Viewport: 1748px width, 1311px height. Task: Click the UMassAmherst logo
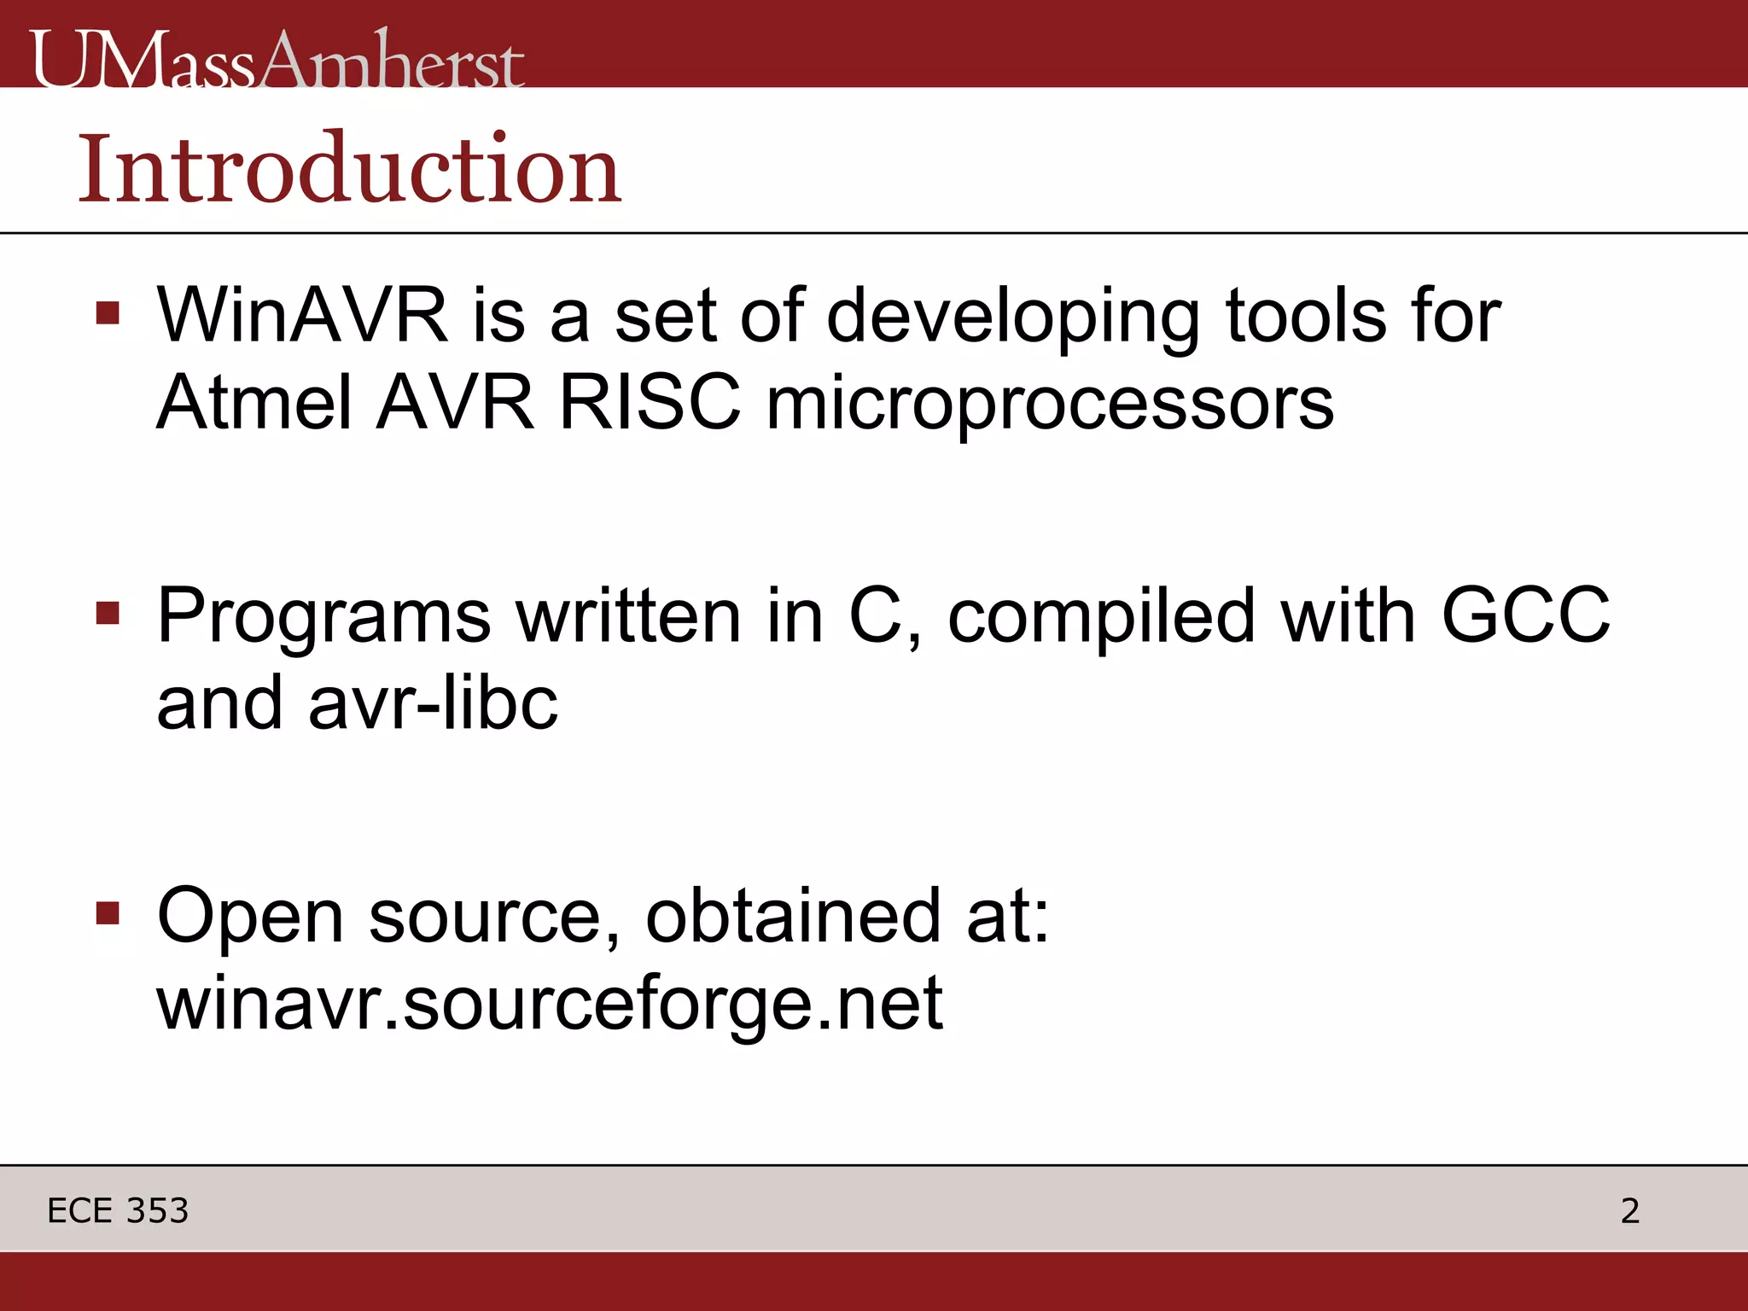277,60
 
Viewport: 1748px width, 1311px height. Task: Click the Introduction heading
350,169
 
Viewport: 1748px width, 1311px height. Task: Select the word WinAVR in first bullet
302,316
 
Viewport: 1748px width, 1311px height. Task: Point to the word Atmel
254,403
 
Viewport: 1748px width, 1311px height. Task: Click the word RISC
650,403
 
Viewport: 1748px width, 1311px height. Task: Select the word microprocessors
1050,405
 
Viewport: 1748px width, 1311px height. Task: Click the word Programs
323,616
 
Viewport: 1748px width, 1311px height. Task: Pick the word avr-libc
433,703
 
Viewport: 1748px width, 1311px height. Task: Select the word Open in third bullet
250,917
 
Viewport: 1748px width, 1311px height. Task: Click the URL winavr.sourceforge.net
550,1002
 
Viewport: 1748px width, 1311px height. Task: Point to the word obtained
793,915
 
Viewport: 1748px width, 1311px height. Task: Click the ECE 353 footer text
118,1210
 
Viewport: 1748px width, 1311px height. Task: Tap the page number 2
1629,1210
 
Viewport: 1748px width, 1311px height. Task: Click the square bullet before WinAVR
108,313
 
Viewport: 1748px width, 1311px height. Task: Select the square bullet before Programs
108,613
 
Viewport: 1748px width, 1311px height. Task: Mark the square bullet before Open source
108,912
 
